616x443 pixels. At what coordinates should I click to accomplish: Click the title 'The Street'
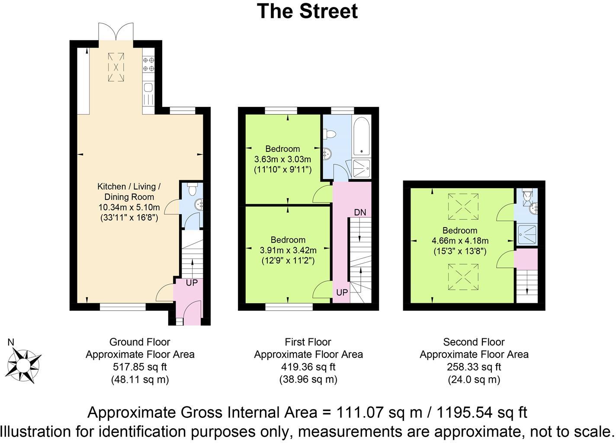308,11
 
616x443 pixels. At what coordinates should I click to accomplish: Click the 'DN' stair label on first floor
360,212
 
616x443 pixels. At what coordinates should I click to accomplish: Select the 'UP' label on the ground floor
191,282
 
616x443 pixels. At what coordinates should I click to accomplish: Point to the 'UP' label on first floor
342,292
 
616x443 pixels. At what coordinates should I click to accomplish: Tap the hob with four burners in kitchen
148,64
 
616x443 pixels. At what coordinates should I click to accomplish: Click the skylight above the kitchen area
115,67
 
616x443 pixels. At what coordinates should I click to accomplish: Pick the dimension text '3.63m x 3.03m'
282,159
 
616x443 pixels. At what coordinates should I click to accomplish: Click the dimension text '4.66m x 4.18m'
460,241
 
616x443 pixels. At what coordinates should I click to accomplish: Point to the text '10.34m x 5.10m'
129,207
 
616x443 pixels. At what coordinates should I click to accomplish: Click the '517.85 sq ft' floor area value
140,367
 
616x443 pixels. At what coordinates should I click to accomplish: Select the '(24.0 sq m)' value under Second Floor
474,379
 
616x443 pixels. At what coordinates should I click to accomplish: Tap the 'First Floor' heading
308,342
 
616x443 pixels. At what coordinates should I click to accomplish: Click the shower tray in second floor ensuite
526,235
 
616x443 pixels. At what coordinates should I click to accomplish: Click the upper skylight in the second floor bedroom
462,207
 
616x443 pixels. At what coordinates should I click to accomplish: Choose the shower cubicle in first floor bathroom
361,168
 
